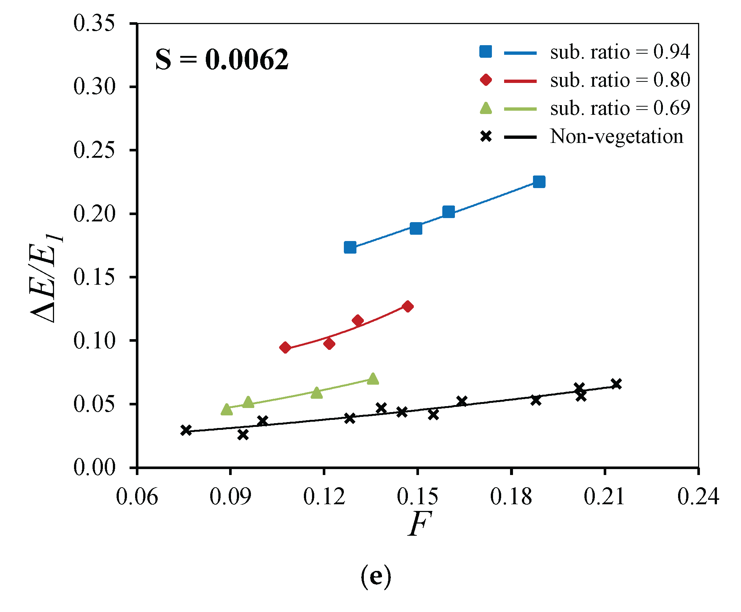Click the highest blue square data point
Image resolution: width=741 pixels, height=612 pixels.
click(539, 182)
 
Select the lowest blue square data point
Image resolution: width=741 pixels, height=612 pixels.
click(350, 247)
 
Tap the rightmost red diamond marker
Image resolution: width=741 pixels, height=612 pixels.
click(408, 307)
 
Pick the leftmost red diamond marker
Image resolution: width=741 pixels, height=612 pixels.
click(285, 347)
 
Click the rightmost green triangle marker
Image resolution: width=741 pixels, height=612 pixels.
click(373, 379)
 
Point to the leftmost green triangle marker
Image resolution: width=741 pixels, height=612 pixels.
click(227, 409)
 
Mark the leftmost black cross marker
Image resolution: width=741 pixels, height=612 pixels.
click(186, 430)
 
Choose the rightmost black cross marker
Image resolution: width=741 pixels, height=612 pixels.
click(616, 384)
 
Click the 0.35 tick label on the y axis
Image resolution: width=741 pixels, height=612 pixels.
click(94, 23)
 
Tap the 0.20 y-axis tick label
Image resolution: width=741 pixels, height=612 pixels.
click(94, 214)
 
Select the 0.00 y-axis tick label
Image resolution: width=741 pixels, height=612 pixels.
click(94, 467)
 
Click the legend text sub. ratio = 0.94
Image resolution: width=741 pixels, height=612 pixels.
click(620, 52)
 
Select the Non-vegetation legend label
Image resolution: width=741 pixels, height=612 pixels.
click(616, 136)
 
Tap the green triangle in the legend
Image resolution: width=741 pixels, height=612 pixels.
click(486, 108)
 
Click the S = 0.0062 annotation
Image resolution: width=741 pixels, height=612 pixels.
click(222, 59)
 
